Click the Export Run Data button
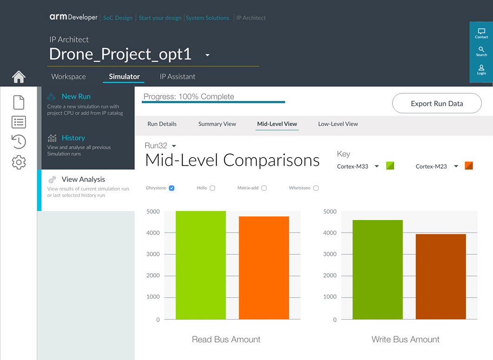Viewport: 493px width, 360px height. pos(437,104)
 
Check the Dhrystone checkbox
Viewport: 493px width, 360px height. pos(171,188)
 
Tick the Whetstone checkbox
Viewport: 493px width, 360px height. pos(316,188)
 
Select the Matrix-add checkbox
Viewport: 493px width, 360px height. pos(264,188)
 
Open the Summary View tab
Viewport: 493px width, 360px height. pos(217,124)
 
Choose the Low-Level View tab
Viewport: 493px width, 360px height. pos(338,124)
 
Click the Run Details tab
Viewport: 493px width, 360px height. pos(162,124)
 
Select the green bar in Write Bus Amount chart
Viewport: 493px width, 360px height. pos(378,269)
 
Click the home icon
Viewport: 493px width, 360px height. pos(19,77)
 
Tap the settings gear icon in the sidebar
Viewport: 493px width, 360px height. pos(19,162)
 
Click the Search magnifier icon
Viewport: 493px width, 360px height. pos(481,49)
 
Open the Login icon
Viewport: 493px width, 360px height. pos(481,68)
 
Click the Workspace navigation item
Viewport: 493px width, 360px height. pos(68,77)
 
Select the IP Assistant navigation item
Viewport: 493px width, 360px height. pos(177,77)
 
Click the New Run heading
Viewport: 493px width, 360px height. pos(76,97)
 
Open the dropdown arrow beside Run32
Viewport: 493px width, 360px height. pos(174,146)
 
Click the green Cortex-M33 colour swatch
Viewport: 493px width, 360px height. pos(390,166)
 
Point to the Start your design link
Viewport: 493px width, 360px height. pos(160,18)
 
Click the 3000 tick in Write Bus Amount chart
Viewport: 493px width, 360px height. pos(330,254)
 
